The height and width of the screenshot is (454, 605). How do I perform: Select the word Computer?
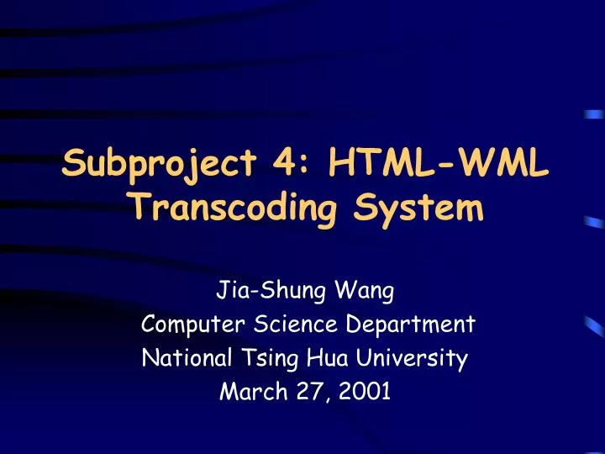tap(187, 324)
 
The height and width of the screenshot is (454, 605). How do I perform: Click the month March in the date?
tap(245, 391)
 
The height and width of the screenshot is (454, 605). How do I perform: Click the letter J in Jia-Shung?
tap(222, 293)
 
